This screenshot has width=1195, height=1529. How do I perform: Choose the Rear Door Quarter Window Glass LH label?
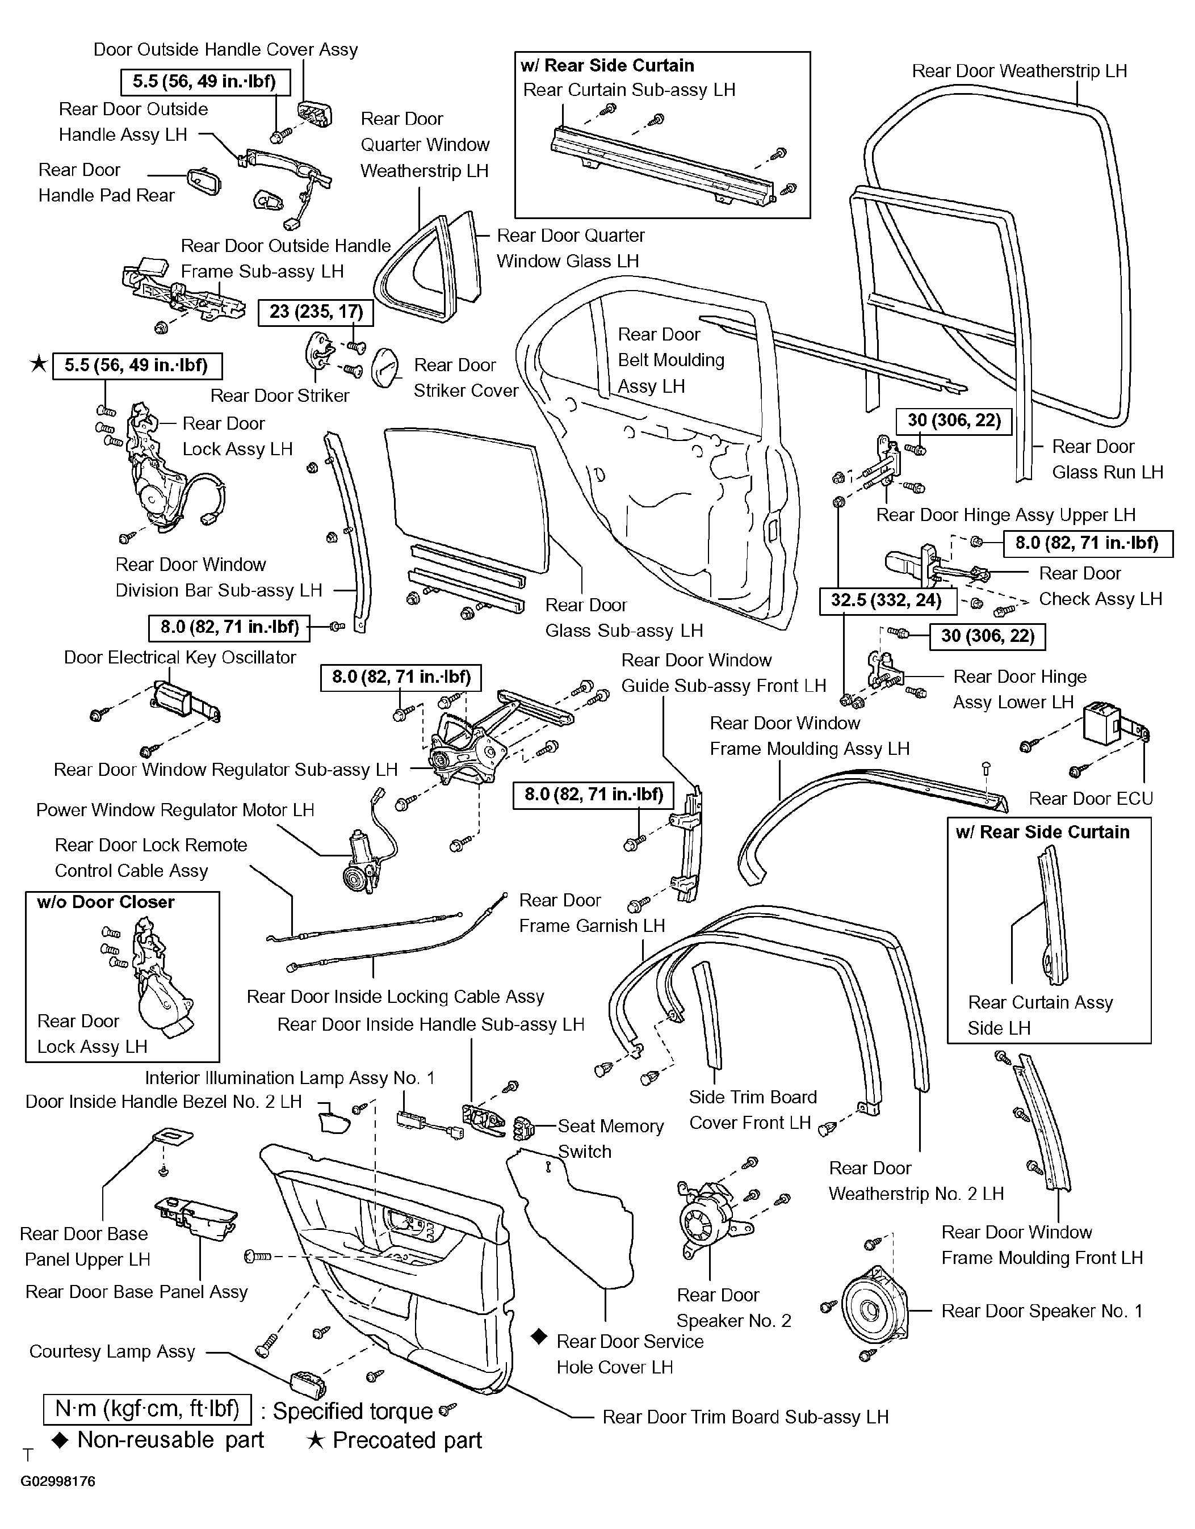point(571,249)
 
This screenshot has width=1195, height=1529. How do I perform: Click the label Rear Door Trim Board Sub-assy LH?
point(745,1417)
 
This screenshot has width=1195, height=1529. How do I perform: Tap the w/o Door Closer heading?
point(106,902)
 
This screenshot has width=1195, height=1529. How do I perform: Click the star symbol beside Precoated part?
point(316,1440)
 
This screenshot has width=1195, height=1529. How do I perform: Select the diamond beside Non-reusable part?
point(61,1439)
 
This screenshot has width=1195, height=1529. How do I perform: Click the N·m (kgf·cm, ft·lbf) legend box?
point(148,1409)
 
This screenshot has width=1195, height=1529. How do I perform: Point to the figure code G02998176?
point(58,1482)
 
